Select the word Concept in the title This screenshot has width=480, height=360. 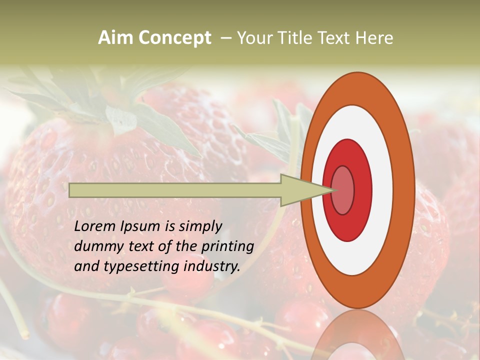click(x=174, y=38)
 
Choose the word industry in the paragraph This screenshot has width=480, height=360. click(x=212, y=266)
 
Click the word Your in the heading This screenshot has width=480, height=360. click(x=255, y=38)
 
